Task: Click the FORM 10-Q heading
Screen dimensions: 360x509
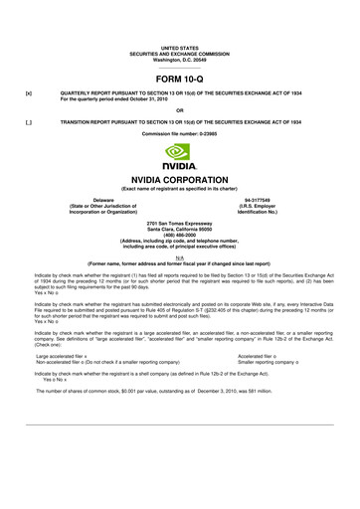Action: pyautogui.click(x=180, y=78)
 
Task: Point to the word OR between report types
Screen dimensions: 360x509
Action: pyautogui.click(x=180, y=110)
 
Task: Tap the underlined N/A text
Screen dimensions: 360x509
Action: pyautogui.click(x=179, y=255)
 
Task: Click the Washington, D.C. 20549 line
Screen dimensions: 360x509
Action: pyautogui.click(x=180, y=60)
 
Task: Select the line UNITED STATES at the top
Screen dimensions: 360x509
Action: pyautogui.click(x=180, y=48)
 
